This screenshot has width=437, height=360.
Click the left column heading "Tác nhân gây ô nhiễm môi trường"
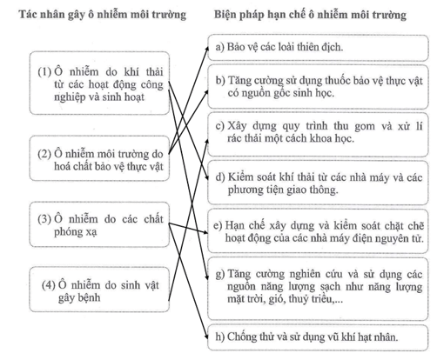coord(103,15)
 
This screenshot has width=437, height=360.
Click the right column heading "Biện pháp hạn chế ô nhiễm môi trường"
coord(310,15)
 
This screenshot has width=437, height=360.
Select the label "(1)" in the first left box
coord(44,71)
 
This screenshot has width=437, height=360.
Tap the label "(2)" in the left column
coord(44,154)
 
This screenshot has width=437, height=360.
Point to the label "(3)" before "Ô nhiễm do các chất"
coord(44,219)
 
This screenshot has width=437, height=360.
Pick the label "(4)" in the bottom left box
coord(49,285)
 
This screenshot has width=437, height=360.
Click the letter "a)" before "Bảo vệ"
coord(219,47)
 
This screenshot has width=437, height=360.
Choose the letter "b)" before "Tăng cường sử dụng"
coord(220,80)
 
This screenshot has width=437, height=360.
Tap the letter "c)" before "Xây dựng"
coord(220,126)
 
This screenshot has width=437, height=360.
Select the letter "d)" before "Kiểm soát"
coord(220,177)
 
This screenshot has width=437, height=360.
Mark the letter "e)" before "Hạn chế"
coord(218,225)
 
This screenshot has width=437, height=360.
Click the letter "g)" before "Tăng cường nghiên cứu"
coord(220,274)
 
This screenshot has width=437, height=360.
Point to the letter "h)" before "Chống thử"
coord(220,337)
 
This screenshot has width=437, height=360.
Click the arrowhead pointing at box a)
coord(207,49)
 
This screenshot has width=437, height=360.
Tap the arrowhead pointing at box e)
coord(205,232)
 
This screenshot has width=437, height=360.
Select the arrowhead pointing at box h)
coord(206,337)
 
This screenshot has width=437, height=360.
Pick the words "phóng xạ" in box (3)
coord(75,232)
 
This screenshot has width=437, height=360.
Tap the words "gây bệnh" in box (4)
coord(79,298)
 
